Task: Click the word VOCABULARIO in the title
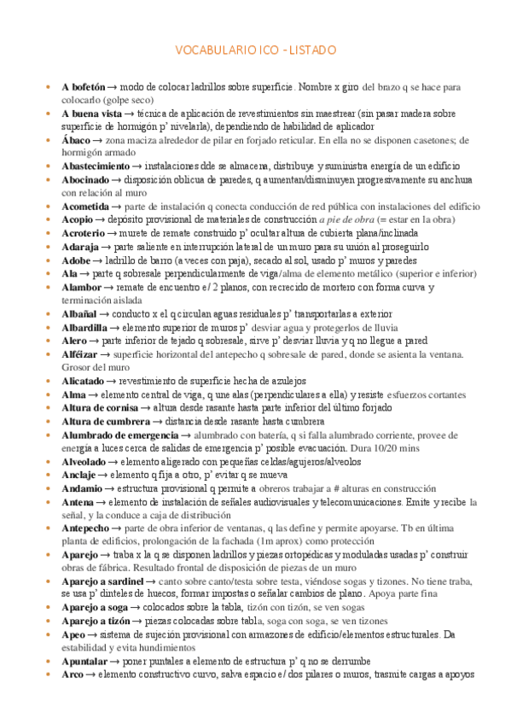[x=209, y=50]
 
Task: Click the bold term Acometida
[x=85, y=207]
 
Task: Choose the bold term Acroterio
[x=84, y=233]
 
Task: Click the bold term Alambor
[x=81, y=287]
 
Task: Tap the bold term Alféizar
[x=80, y=353]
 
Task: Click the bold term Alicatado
[x=83, y=381]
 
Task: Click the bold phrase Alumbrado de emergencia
[x=120, y=435]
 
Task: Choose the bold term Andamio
[x=82, y=488]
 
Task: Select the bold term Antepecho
[x=85, y=528]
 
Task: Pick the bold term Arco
[x=71, y=675]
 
